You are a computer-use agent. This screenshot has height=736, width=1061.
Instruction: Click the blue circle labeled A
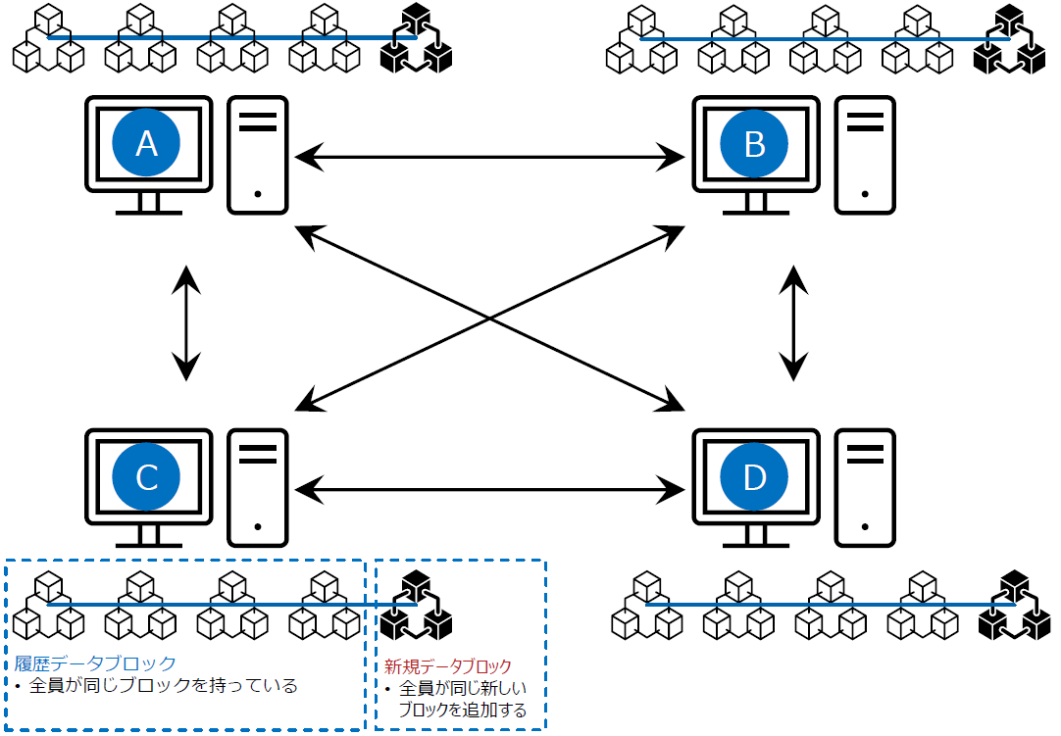pyautogui.click(x=146, y=144)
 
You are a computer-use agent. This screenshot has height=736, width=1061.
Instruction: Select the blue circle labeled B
pyautogui.click(x=754, y=144)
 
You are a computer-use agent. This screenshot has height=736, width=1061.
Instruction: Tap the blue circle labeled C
pyautogui.click(x=146, y=477)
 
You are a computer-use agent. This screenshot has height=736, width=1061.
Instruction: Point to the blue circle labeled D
pyautogui.click(x=754, y=477)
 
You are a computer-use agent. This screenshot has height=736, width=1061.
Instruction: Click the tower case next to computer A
pyautogui.click(x=258, y=155)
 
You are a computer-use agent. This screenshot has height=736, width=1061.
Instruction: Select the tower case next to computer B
pyautogui.click(x=865, y=155)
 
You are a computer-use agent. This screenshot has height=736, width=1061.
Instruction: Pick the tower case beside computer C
pyautogui.click(x=258, y=487)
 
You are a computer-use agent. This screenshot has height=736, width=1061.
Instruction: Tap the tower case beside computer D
pyautogui.click(x=865, y=487)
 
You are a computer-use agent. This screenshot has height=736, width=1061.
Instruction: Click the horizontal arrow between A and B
pyautogui.click(x=490, y=154)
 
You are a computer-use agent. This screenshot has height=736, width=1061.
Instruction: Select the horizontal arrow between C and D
pyautogui.click(x=490, y=487)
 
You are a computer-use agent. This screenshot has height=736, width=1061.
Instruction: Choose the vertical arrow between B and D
pyautogui.click(x=794, y=321)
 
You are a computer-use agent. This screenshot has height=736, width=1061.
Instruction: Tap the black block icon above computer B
pyautogui.click(x=1010, y=40)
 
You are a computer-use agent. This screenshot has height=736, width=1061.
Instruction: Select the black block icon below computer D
pyautogui.click(x=1015, y=606)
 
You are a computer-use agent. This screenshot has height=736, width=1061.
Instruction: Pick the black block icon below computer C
pyautogui.click(x=417, y=606)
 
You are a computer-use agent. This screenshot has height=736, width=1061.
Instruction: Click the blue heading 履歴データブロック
pyautogui.click(x=95, y=662)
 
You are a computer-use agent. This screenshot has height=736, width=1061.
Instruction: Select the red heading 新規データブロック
pyautogui.click(x=448, y=666)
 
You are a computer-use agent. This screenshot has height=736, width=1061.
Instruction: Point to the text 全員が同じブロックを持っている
pyautogui.click(x=163, y=685)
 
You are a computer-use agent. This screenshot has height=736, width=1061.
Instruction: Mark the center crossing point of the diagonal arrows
pyautogui.click(x=489, y=318)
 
